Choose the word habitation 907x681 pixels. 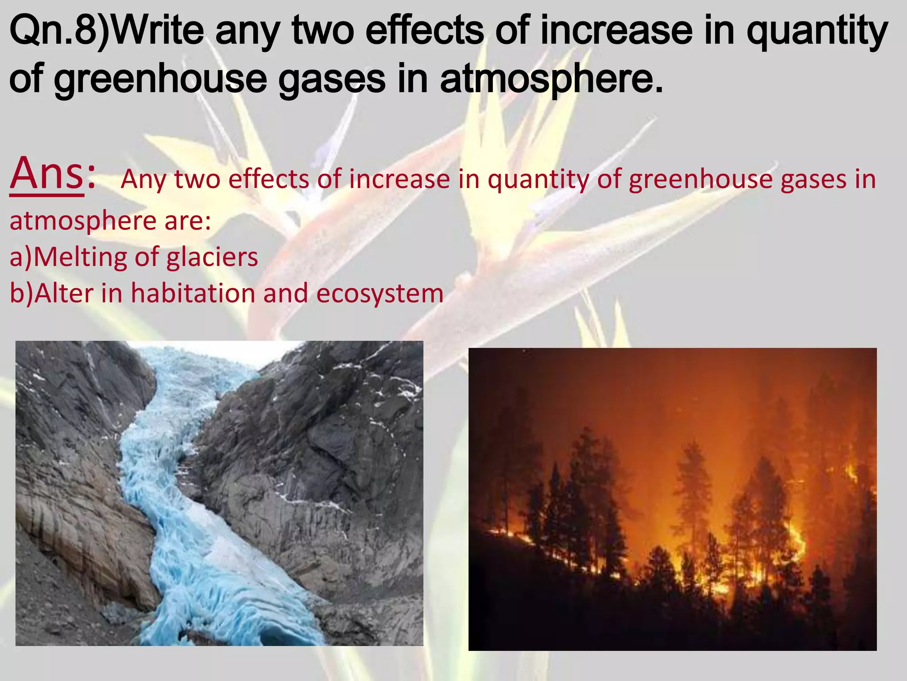click(x=193, y=294)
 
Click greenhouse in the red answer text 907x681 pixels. click(x=700, y=180)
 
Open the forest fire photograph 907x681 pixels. click(x=672, y=499)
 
